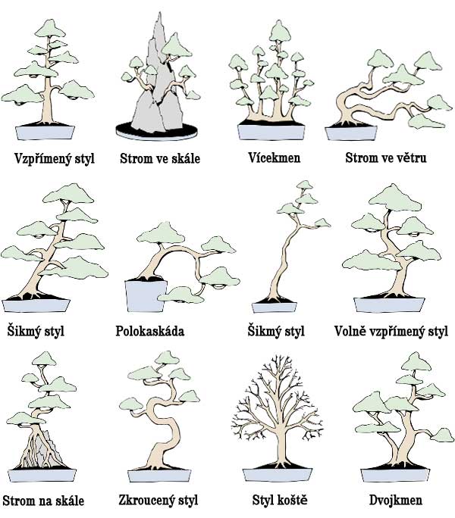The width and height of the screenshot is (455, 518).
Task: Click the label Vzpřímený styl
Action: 55,158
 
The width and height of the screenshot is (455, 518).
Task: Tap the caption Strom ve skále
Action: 160,158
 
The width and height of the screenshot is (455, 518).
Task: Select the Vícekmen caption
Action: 275,158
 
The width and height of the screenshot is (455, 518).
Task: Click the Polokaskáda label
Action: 150,331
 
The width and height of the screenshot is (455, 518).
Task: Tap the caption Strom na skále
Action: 43,501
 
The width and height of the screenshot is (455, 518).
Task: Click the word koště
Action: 292,500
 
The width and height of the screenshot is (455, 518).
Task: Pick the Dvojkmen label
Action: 396,500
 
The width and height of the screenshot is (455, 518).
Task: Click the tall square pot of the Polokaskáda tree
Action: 145,296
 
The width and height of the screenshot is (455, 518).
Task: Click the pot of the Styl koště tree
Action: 278,475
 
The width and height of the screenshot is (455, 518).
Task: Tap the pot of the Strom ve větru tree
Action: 351,133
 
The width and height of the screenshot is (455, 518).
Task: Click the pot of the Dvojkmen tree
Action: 395,475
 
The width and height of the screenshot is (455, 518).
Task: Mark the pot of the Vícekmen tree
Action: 271,132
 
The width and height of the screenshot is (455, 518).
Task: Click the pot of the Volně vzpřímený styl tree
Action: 389,305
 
